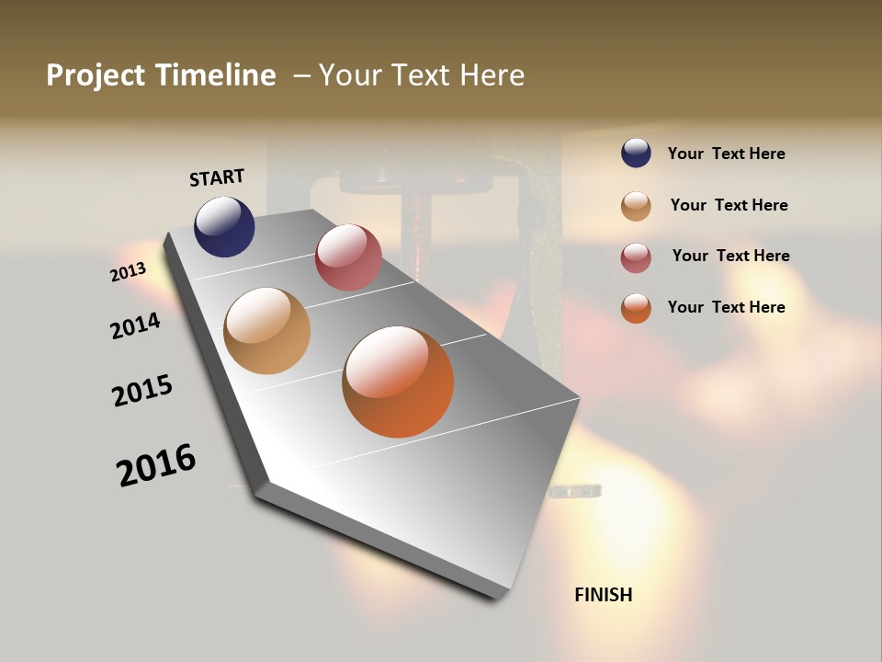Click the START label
pyautogui.click(x=217, y=177)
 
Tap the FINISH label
pyautogui.click(x=604, y=595)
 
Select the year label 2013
pyautogui.click(x=129, y=272)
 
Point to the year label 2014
pyautogui.click(x=136, y=325)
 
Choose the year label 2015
pyautogui.click(x=142, y=390)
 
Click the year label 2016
pyautogui.click(x=156, y=465)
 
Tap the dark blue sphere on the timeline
pyautogui.click(x=224, y=226)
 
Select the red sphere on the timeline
pyautogui.click(x=348, y=257)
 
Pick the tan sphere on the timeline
pyautogui.click(x=267, y=331)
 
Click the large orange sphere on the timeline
pyautogui.click(x=398, y=382)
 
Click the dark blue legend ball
pyautogui.click(x=636, y=153)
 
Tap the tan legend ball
pyautogui.click(x=636, y=205)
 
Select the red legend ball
pyautogui.click(x=636, y=257)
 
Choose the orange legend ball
pyautogui.click(x=636, y=308)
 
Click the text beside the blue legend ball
pyautogui.click(x=726, y=154)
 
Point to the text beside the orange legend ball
pyautogui.click(x=726, y=307)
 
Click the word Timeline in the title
pyautogui.click(x=217, y=75)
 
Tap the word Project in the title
pyautogui.click(x=94, y=75)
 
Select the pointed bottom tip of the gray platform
pyautogui.click(x=496, y=596)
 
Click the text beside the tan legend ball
pyautogui.click(x=729, y=205)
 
